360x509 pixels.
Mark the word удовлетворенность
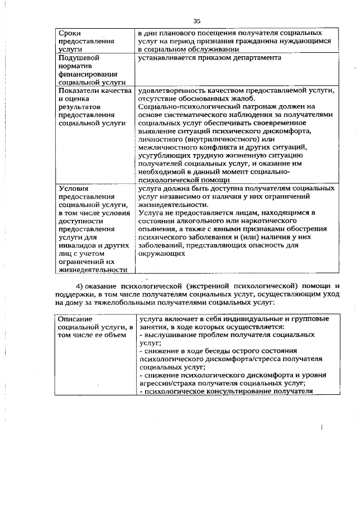point(173,91)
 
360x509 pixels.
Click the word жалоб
point(256,98)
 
